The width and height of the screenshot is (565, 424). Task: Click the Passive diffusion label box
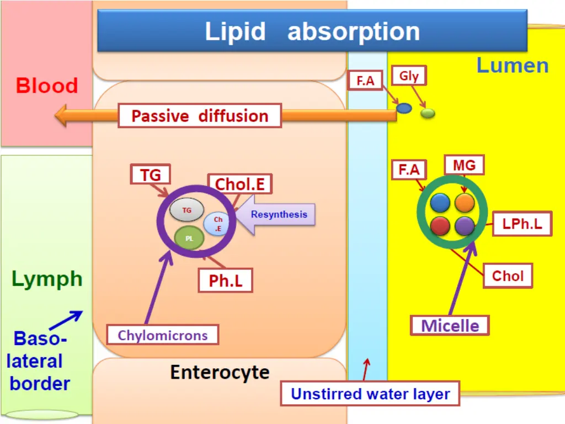pyautogui.click(x=200, y=116)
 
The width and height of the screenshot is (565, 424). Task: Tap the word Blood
pyautogui.click(x=47, y=86)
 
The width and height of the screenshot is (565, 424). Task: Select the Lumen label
pyautogui.click(x=513, y=66)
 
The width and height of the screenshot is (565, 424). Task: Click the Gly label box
pyautogui.click(x=409, y=76)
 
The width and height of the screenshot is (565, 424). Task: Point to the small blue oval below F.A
pyautogui.click(x=404, y=108)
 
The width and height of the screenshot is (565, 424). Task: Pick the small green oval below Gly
pyautogui.click(x=428, y=113)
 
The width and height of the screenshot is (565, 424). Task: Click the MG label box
pyautogui.click(x=464, y=165)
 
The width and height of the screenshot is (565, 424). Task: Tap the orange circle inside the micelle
pyautogui.click(x=465, y=203)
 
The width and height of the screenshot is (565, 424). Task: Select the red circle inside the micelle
pyautogui.click(x=440, y=226)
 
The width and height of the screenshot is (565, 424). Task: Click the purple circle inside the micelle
pyautogui.click(x=465, y=226)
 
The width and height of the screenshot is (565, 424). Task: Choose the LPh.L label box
pyautogui.click(x=522, y=224)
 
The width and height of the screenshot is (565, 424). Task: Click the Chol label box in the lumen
pyautogui.click(x=508, y=276)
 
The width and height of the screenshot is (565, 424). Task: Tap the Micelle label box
pyautogui.click(x=450, y=326)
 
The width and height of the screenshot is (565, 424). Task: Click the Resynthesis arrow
pyautogui.click(x=275, y=215)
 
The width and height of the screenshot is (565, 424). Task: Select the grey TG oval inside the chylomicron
pyautogui.click(x=186, y=210)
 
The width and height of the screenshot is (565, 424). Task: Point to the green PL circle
pyautogui.click(x=189, y=238)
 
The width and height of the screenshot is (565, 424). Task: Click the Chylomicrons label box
pyautogui.click(x=163, y=335)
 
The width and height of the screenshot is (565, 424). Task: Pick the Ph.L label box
pyautogui.click(x=226, y=280)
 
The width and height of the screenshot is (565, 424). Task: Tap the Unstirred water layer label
pyautogui.click(x=370, y=394)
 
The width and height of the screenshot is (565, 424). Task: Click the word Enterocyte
pyautogui.click(x=220, y=373)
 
